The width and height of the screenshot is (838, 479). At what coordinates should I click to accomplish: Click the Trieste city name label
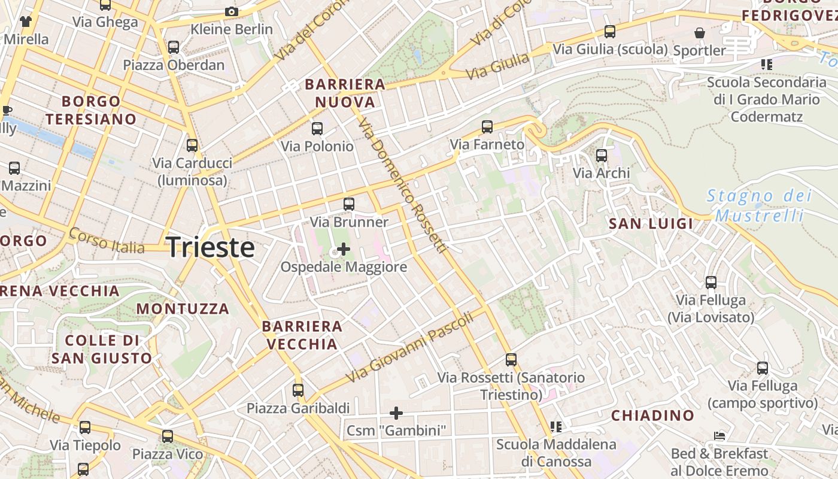pos(210,247)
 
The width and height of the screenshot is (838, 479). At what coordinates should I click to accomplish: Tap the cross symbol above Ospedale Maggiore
pos(344,248)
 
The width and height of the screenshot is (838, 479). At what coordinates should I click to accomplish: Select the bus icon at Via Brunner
pos(349,204)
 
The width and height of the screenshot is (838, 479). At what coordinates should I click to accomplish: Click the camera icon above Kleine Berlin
pos(232,11)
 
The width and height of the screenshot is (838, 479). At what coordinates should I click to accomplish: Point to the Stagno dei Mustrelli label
pos(759,205)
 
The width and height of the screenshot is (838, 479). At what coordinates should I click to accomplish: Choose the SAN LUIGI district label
pos(651,224)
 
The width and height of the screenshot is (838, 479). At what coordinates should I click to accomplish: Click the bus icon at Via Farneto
pos(487,127)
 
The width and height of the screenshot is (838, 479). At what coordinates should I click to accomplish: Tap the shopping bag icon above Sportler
pos(699,33)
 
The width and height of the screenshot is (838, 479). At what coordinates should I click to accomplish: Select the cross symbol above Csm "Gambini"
pos(396,413)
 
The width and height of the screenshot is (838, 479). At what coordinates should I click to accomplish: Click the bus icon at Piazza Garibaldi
pos(298,390)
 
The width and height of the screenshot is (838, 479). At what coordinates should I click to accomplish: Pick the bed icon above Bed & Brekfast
pos(719,436)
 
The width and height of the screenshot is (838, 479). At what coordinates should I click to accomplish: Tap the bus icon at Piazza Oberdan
pos(174,47)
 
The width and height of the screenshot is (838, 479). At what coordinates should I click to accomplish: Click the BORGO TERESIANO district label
pos(91,110)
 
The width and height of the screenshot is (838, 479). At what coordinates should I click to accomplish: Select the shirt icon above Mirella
pos(26,22)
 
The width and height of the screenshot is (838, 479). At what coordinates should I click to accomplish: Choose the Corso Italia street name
pos(107,240)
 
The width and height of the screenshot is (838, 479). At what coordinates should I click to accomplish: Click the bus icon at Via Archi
pos(602,156)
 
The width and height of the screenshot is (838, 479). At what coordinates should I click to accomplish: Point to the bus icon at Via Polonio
pos(317,128)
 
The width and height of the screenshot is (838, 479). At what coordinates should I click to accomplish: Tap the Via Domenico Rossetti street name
pos(402,186)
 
